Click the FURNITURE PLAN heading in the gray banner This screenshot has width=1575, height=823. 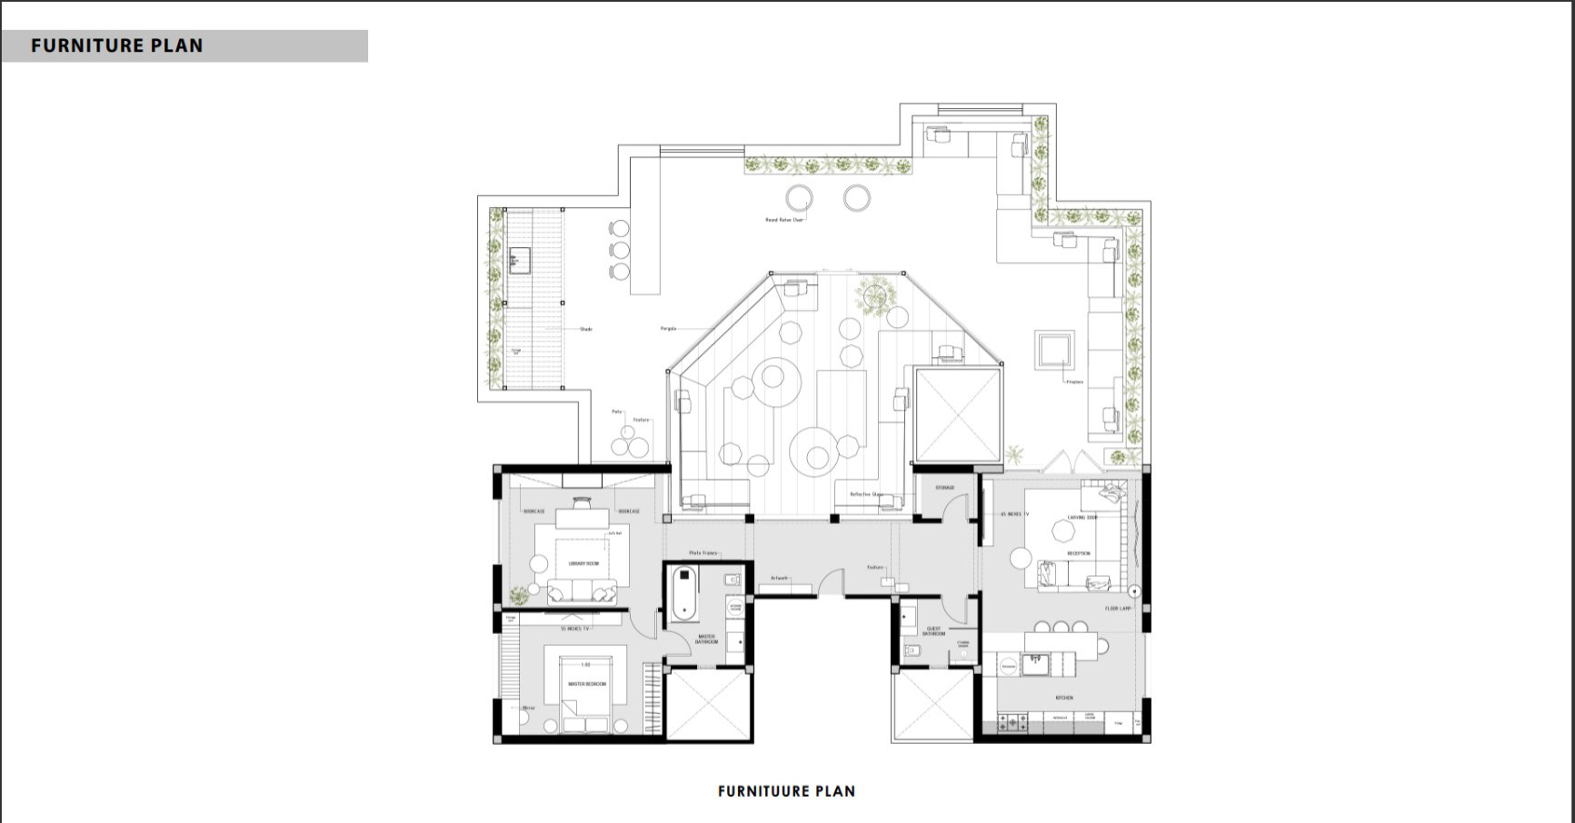[x=117, y=45]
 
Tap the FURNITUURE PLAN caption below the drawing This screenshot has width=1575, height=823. [x=786, y=791]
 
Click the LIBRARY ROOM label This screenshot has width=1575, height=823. [x=583, y=564]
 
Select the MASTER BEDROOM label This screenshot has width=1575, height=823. [x=585, y=684]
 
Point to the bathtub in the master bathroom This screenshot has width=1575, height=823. [x=683, y=594]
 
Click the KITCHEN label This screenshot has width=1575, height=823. [x=1063, y=698]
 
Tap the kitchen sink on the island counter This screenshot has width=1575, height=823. [x=1034, y=665]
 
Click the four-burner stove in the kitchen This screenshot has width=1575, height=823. [x=1012, y=722]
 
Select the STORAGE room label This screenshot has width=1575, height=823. [x=944, y=488]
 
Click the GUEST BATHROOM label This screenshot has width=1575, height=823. [x=933, y=630]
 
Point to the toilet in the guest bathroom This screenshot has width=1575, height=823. [x=912, y=649]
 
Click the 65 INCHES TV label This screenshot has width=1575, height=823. [x=1014, y=514]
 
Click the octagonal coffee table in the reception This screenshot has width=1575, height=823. [x=1062, y=529]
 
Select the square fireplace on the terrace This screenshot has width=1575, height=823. [x=1054, y=349]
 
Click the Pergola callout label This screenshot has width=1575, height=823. [x=668, y=328]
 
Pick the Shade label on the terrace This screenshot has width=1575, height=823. [x=585, y=329]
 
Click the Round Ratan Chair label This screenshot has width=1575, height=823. [x=783, y=220]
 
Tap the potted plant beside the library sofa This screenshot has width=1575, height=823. [x=519, y=596]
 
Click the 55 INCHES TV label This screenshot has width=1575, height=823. [x=574, y=629]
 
